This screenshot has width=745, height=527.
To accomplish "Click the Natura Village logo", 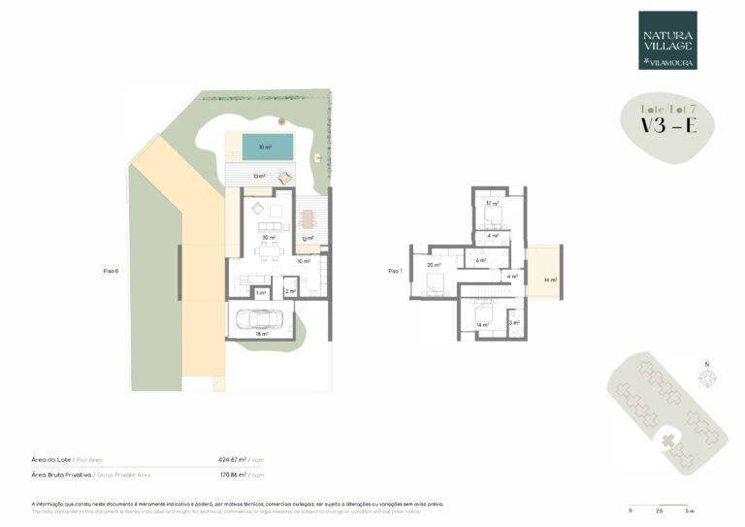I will click(x=667, y=40).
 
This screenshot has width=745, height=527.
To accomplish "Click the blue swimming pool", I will click(x=267, y=148).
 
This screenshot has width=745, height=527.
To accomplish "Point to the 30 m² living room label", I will click(x=268, y=237).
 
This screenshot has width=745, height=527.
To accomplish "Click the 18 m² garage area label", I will click(x=261, y=333).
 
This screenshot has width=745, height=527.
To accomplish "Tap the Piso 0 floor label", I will click(x=111, y=272).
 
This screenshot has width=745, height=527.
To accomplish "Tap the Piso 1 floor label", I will click(x=394, y=272).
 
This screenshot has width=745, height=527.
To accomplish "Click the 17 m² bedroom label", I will click(x=492, y=204).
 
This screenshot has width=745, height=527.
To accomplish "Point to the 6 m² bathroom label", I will click(x=480, y=260).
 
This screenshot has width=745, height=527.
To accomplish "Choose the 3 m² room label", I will click(x=515, y=323).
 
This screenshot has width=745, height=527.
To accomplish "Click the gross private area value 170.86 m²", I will click(x=232, y=476).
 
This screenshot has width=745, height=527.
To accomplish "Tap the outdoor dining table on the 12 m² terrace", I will click(x=308, y=218).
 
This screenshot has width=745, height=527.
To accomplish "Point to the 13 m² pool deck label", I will click(x=259, y=177).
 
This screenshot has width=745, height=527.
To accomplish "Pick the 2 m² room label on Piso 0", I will click(x=289, y=291).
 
